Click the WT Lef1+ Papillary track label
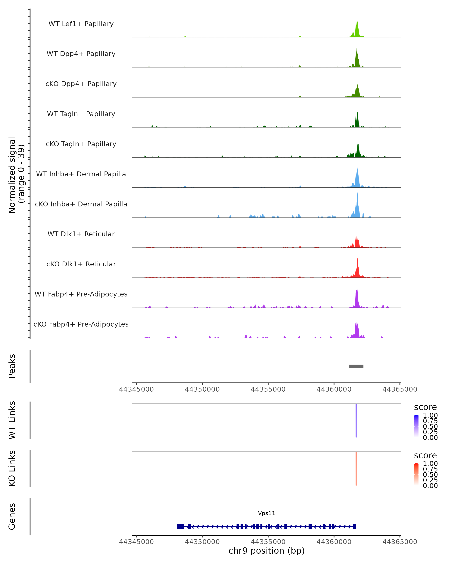(x=81, y=24)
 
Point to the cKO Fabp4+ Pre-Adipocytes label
(x=81, y=324)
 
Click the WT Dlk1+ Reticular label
(x=81, y=234)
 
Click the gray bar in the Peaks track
(x=356, y=366)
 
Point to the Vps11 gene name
(x=266, y=513)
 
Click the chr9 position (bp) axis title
(x=266, y=551)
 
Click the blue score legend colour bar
(x=416, y=426)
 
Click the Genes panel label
(x=12, y=516)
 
